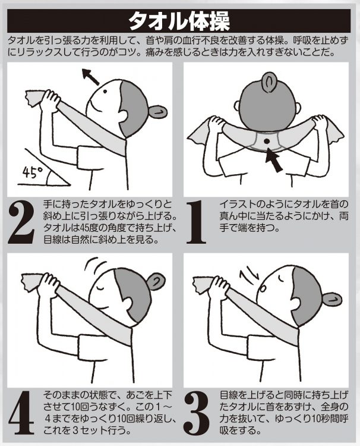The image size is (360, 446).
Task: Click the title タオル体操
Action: (x=179, y=21)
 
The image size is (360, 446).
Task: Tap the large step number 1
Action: (x=196, y=222)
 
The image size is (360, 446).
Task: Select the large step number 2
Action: (x=21, y=222)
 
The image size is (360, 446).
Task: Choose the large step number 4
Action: (x=21, y=413)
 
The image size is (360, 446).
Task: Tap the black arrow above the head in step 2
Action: (x=90, y=77)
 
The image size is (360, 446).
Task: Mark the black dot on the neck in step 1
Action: (x=267, y=141)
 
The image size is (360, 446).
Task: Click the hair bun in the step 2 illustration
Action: (x=158, y=111)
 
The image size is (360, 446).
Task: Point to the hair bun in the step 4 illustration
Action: (x=156, y=281)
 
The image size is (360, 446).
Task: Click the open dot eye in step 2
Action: (x=105, y=92)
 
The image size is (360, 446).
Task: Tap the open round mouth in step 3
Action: (x=263, y=288)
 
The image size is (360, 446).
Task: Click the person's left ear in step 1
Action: (x=236, y=106)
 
